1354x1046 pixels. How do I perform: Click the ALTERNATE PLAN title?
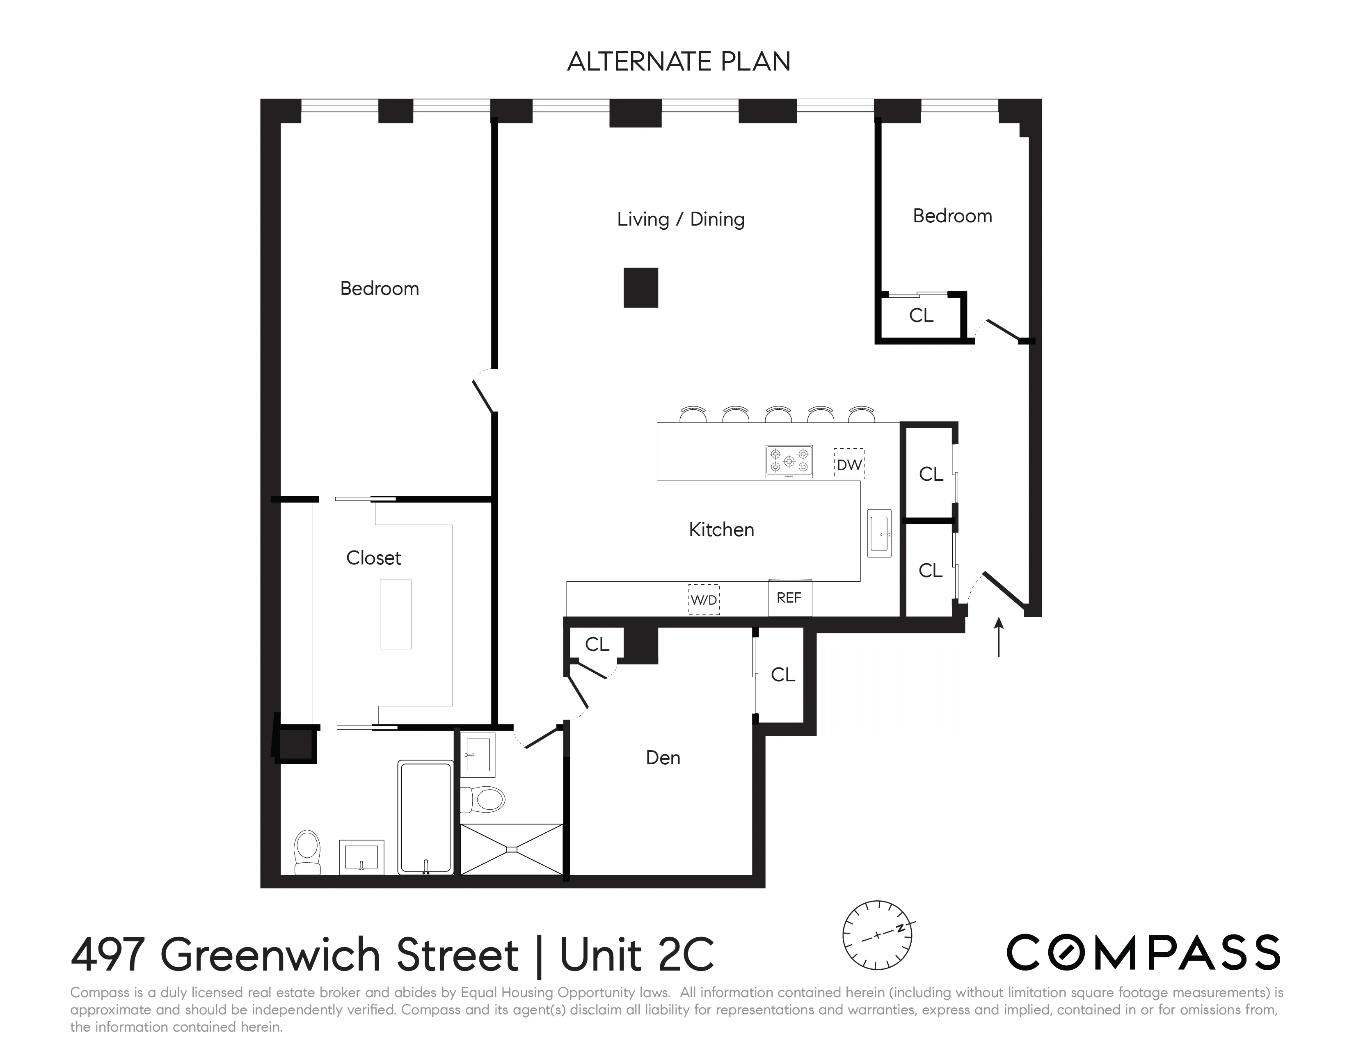pyautogui.click(x=678, y=62)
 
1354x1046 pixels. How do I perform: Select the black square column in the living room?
pyautogui.click(x=640, y=288)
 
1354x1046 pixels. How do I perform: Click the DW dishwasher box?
pyautogui.click(x=849, y=464)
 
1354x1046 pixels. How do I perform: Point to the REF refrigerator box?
pyautogui.click(x=789, y=598)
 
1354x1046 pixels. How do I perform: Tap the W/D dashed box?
pyautogui.click(x=704, y=600)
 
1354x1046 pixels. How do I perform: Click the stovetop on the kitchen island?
pyautogui.click(x=789, y=461)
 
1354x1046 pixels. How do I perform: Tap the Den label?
pyautogui.click(x=663, y=758)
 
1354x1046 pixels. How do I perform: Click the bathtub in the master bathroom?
pyautogui.click(x=425, y=818)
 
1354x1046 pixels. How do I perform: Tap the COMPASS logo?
pyautogui.click(x=1143, y=953)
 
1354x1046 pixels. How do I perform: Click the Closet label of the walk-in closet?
pyautogui.click(x=373, y=558)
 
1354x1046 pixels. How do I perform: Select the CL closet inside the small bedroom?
pyautogui.click(x=921, y=315)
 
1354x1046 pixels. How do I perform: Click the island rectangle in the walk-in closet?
pyautogui.click(x=395, y=614)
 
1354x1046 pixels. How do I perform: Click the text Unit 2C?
pyautogui.click(x=637, y=955)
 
